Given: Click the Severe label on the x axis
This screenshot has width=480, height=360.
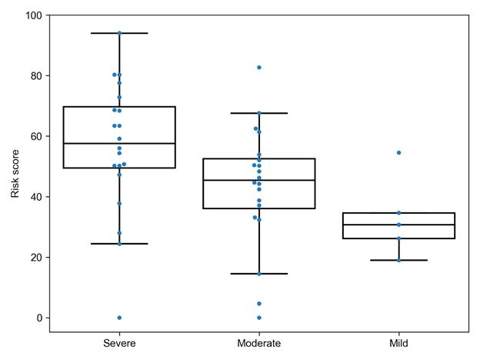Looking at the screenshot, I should (x=119, y=343).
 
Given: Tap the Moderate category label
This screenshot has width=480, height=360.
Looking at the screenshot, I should (x=259, y=343).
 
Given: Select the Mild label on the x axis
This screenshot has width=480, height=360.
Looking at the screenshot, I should (x=398, y=343).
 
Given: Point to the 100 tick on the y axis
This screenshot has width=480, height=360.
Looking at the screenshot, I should (x=33, y=15).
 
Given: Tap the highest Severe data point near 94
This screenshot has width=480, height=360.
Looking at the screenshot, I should (x=119, y=33).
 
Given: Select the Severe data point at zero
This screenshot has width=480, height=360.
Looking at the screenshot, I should (x=119, y=318).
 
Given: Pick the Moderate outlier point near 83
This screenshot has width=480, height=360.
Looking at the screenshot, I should (x=259, y=68).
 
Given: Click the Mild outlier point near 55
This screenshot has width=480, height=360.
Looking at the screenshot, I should (x=398, y=152).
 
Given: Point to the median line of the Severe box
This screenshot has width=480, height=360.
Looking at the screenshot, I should (x=119, y=144).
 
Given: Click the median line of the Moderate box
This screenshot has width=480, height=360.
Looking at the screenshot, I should (x=259, y=180).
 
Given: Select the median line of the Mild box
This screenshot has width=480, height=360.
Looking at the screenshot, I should (x=398, y=225).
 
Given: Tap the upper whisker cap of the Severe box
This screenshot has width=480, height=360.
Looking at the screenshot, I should (x=119, y=33).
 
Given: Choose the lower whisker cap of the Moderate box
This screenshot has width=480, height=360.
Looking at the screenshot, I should (x=259, y=274).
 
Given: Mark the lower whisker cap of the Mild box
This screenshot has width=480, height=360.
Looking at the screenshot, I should (x=398, y=260).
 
